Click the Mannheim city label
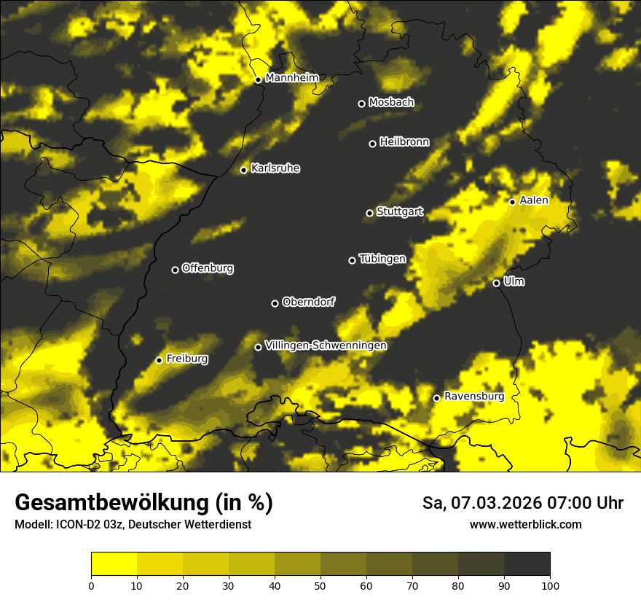point(292,77)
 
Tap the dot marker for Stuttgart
point(369,213)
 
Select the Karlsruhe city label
point(275,168)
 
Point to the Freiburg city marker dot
point(159,360)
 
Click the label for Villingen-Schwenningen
point(326,346)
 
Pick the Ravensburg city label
point(473,397)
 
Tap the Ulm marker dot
point(496,283)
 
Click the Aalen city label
point(534,200)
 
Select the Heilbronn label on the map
point(404,142)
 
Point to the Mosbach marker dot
point(361,104)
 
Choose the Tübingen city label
point(382,259)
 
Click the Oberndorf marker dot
point(275,303)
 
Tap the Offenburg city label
point(208,268)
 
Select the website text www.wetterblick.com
point(525,524)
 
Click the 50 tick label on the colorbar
point(320,585)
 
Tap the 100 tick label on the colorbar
point(549,585)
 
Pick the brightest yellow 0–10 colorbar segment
point(114,564)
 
